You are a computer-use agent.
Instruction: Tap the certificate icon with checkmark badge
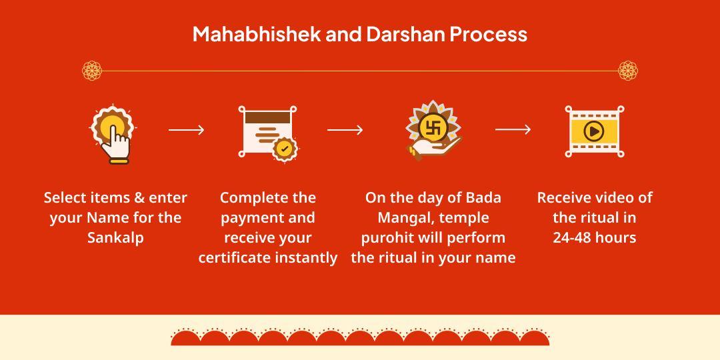click(x=267, y=131)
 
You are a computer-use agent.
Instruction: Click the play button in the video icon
click(x=593, y=131)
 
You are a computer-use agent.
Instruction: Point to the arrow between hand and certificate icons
click(x=186, y=130)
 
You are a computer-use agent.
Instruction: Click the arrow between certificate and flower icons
click(x=345, y=130)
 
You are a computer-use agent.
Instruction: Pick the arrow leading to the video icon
click(x=513, y=130)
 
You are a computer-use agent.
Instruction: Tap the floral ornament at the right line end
click(x=628, y=70)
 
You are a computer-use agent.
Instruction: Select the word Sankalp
click(x=115, y=237)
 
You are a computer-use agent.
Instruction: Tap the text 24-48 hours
click(x=594, y=237)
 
